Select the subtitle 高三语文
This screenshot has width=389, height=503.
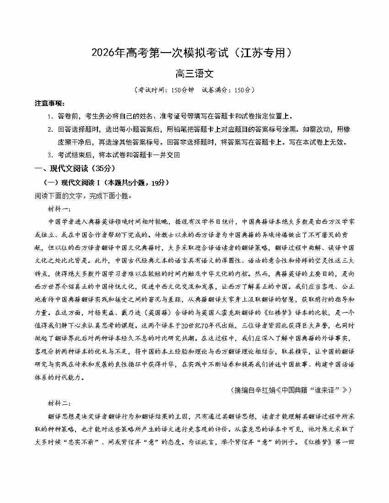pyautogui.click(x=194, y=73)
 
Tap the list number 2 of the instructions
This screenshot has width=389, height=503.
pyautogui.click(x=49, y=129)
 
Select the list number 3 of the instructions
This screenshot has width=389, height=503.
pyautogui.click(x=49, y=155)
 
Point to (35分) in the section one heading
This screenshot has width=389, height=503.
pyautogui.click(x=100, y=169)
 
